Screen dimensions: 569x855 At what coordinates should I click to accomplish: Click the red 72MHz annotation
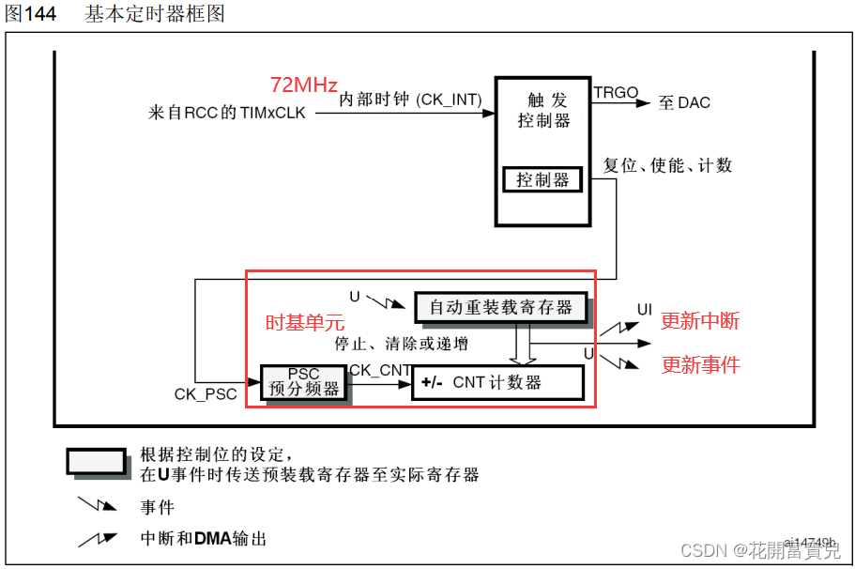(303, 85)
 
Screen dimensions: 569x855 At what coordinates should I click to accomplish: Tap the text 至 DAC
(684, 102)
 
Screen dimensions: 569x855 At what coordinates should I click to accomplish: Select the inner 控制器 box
(542, 179)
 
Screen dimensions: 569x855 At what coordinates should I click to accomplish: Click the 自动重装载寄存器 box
(500, 307)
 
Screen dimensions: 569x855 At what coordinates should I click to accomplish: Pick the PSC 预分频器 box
(303, 381)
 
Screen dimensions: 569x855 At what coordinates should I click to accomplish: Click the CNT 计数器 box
(496, 382)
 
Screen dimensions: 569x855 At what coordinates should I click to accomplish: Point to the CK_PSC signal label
(206, 394)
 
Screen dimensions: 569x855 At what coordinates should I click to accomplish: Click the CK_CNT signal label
(380, 371)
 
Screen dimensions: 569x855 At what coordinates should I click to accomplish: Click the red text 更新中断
(700, 321)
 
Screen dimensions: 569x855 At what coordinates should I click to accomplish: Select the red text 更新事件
(700, 364)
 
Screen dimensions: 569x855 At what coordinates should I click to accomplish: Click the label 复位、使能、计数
(666, 165)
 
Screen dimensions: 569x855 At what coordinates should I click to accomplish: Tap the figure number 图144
(30, 15)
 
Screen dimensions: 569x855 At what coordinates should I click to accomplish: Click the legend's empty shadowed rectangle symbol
(95, 461)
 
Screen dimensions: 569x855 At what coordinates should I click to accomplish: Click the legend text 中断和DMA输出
(203, 539)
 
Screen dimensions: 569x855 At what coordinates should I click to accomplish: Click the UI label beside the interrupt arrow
(644, 310)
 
